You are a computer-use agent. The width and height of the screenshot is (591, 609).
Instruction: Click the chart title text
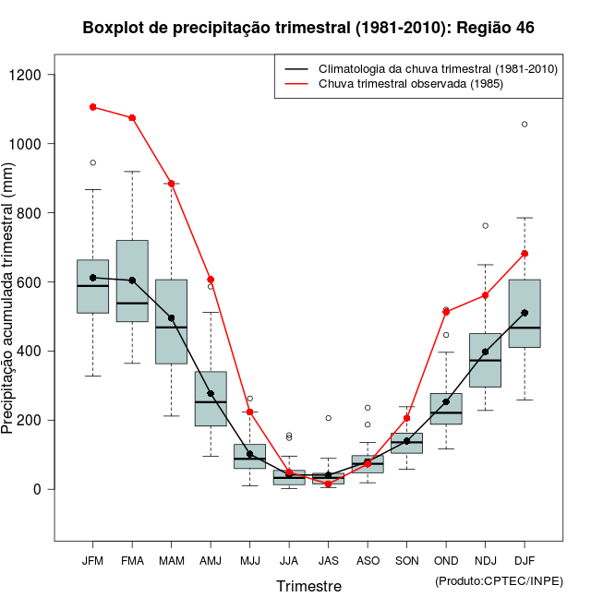(x=308, y=28)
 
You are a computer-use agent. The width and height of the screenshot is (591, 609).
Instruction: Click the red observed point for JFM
(x=93, y=107)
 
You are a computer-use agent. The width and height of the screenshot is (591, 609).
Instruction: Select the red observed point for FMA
(x=132, y=118)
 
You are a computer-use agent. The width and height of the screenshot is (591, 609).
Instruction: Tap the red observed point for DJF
(x=525, y=253)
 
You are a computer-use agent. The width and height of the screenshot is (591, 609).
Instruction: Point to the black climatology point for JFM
(x=93, y=278)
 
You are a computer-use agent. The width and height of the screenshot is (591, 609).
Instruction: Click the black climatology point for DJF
(x=525, y=313)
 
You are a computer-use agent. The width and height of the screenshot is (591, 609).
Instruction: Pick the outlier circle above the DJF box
(x=525, y=124)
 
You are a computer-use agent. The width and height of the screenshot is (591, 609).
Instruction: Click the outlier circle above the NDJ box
(x=486, y=225)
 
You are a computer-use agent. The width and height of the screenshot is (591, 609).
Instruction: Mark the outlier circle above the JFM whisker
(x=93, y=162)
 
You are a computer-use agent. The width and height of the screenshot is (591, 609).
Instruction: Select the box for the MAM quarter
(x=172, y=321)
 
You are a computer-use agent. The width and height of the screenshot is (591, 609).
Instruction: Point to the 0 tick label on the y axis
(x=40, y=489)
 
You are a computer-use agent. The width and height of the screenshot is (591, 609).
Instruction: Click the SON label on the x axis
(x=407, y=561)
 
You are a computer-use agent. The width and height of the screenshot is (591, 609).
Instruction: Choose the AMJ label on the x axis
(x=211, y=561)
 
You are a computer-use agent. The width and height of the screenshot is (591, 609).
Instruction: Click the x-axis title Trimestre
(x=308, y=586)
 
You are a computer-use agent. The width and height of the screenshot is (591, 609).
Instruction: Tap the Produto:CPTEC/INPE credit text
(x=499, y=580)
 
